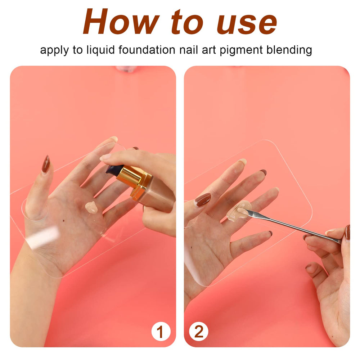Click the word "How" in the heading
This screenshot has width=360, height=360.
click(x=121, y=22)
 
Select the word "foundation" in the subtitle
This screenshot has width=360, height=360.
click(x=147, y=50)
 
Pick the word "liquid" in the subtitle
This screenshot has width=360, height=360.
click(x=100, y=50)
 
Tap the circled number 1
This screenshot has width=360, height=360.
click(x=161, y=332)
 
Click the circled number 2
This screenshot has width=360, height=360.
click(x=199, y=332)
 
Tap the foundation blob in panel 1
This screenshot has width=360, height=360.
click(x=91, y=207)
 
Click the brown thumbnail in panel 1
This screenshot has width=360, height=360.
click(x=46, y=164)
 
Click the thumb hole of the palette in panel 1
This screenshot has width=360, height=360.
click(x=35, y=210)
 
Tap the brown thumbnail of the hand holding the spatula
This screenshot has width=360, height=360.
click(x=347, y=232)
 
